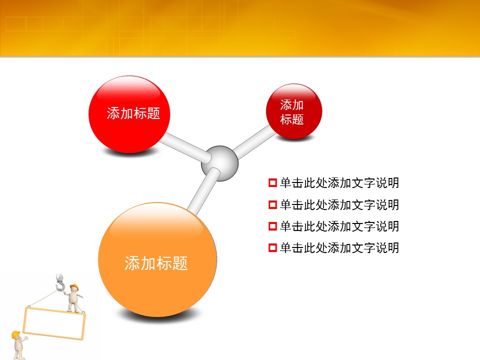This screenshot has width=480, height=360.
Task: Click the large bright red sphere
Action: click(x=129, y=114)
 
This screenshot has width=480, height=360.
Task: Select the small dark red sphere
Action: click(x=294, y=111)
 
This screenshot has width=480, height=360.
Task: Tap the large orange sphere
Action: click(x=157, y=259)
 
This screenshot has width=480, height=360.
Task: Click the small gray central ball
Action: click(x=219, y=163)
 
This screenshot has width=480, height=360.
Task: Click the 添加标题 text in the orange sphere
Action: click(x=156, y=263)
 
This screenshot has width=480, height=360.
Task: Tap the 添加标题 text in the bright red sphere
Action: click(x=133, y=113)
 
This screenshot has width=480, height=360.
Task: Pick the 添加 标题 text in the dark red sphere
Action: click(x=291, y=112)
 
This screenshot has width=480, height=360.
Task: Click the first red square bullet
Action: click(x=272, y=183)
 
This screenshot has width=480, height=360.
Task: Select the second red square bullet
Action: click(x=272, y=204)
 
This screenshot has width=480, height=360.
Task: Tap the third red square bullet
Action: click(x=272, y=226)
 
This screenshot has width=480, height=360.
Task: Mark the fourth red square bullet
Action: click(x=272, y=247)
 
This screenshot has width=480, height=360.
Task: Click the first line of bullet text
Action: click(x=339, y=183)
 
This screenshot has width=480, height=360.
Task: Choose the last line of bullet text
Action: click(x=339, y=247)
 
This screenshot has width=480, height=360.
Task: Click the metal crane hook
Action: click(x=60, y=282)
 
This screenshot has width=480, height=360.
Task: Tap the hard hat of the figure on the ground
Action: click(x=16, y=334)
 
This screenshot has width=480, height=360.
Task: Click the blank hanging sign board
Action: click(x=54, y=323)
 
